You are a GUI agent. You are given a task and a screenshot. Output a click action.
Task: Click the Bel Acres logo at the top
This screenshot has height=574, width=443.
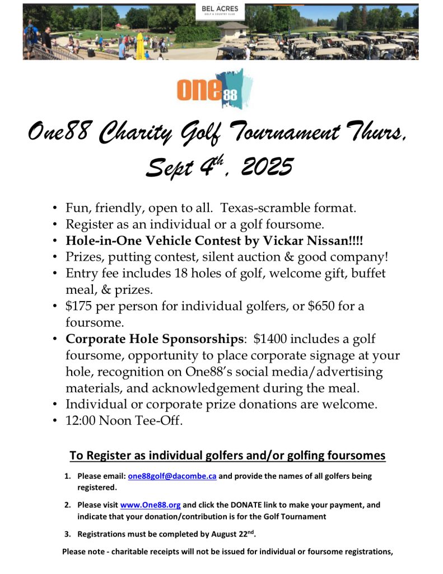coord(220,11)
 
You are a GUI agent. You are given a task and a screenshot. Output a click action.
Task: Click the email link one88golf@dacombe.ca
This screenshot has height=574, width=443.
coord(172,476)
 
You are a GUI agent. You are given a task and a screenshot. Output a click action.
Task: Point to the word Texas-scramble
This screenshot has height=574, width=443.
coord(257,209)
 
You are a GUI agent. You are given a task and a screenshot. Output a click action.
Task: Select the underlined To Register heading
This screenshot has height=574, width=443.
coord(227,455)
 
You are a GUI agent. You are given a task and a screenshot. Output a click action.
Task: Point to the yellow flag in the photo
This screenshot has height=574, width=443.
coord(140,44)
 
